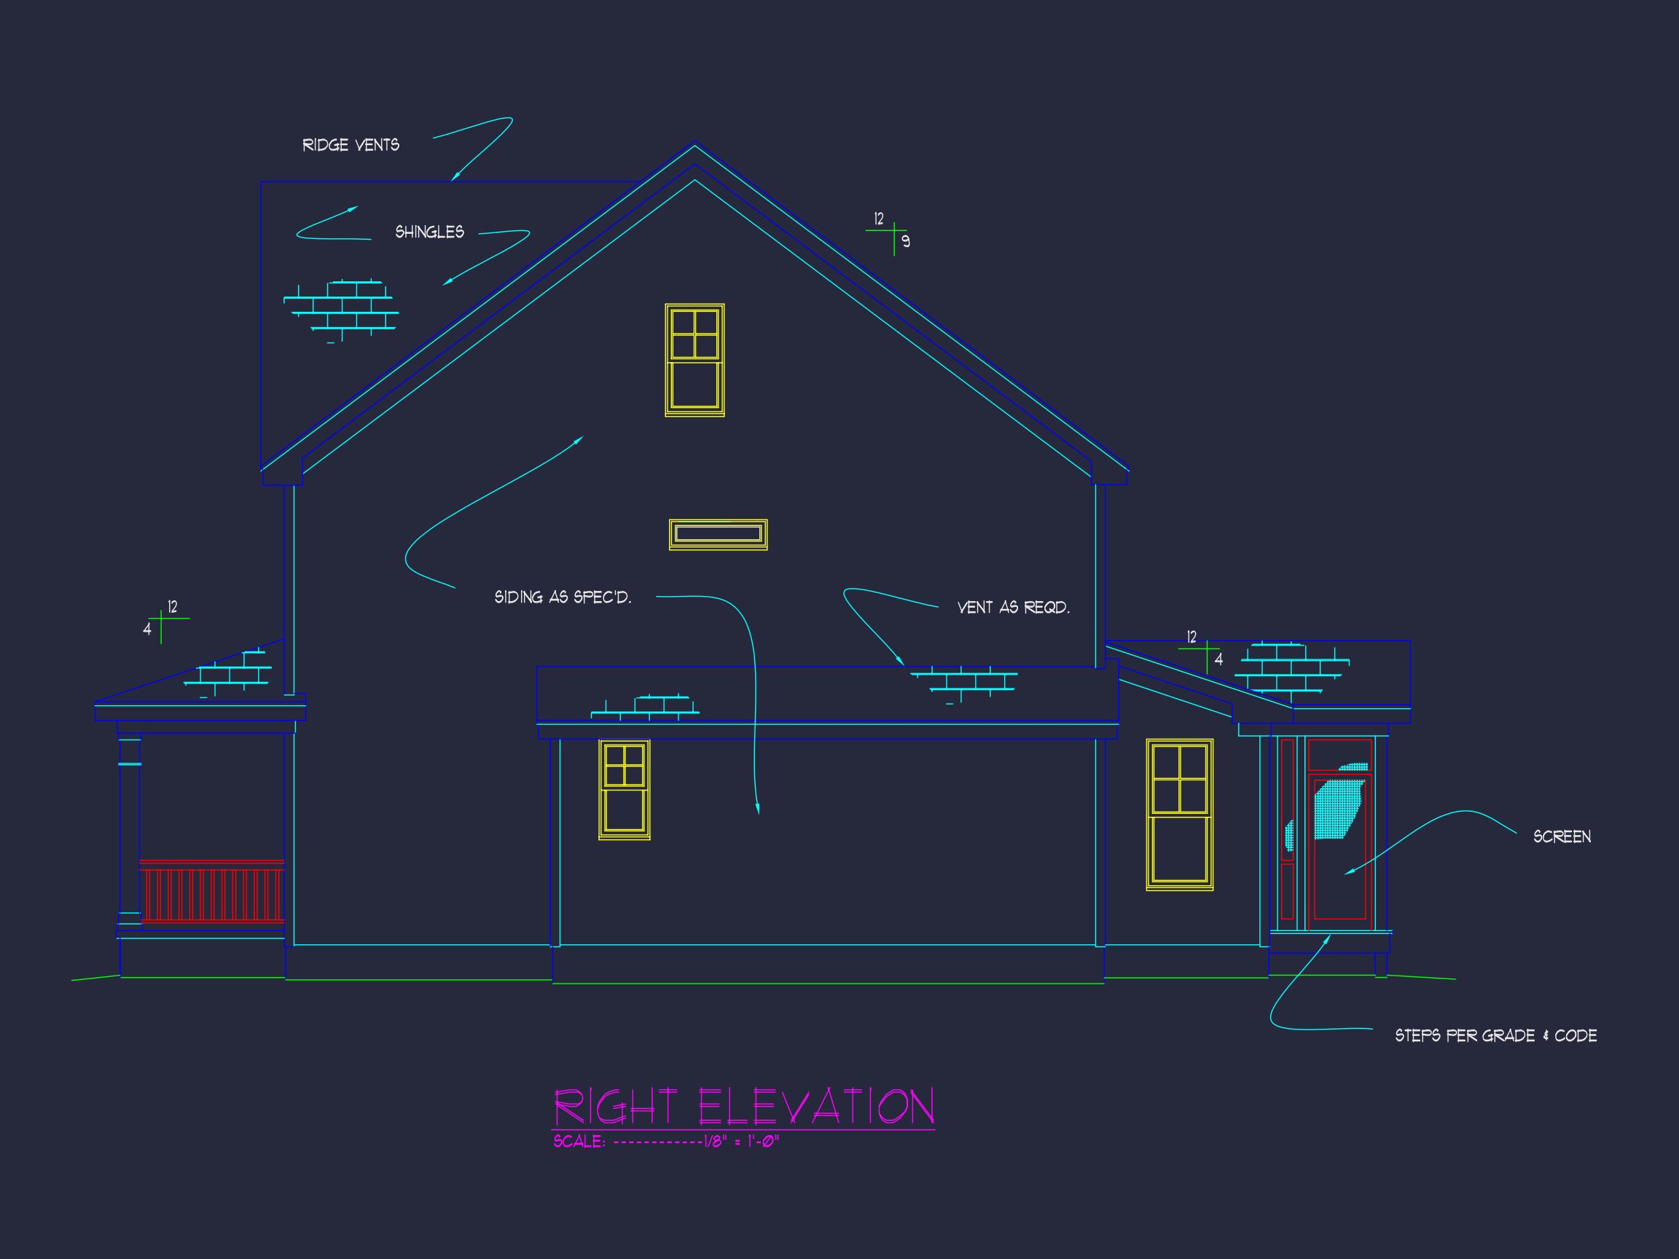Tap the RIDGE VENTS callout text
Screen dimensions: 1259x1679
coord(351,145)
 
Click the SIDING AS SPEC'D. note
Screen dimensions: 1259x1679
coord(563,597)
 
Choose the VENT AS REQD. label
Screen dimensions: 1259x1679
coord(1014,608)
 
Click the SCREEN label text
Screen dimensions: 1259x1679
coord(1562,837)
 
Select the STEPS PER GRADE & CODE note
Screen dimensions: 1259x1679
coord(1495,1036)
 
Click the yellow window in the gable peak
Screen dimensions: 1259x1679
coord(694,360)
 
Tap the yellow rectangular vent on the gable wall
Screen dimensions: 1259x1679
coord(718,534)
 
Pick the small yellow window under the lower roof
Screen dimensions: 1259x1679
coord(624,789)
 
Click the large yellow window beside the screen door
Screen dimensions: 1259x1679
coord(1179,815)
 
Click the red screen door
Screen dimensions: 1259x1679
coord(1339,846)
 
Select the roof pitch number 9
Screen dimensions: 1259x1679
coord(906,242)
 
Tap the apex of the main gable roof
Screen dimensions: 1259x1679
coord(694,144)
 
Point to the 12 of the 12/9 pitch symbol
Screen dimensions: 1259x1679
coord(879,219)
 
